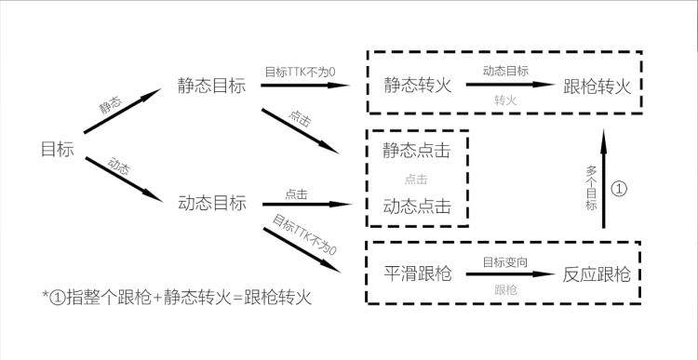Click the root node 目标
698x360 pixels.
coord(58,149)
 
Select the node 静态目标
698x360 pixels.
coord(211,86)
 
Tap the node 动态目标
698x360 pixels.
coord(211,203)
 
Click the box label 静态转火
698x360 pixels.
coord(418,86)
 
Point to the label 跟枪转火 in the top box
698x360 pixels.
coord(597,86)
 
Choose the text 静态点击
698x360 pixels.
coord(417,149)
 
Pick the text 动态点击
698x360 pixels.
coord(417,205)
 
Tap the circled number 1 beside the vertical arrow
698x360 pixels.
coord(621,189)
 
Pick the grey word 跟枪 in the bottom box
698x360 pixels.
coord(506,290)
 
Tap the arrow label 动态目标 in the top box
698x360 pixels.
coord(506,72)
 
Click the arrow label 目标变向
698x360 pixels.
coord(506,262)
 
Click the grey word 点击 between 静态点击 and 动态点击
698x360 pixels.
coord(417,177)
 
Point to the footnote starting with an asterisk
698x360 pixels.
coord(177,298)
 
